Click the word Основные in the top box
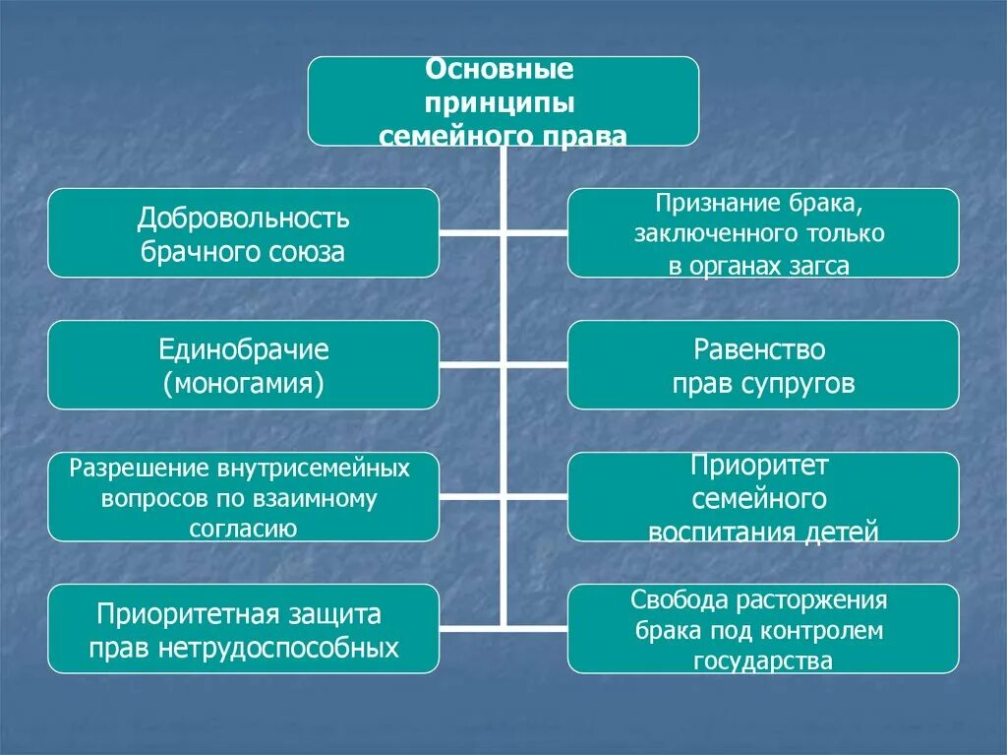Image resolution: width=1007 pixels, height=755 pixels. click(x=499, y=71)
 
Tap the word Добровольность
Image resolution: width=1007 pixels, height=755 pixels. click(x=244, y=218)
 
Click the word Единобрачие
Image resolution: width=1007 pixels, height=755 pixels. click(x=244, y=349)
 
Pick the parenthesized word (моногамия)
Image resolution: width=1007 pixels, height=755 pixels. click(x=244, y=383)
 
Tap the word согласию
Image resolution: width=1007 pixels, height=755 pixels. click(x=243, y=529)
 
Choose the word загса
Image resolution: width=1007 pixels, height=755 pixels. click(x=816, y=266)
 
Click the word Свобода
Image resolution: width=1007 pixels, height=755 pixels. click(x=677, y=600)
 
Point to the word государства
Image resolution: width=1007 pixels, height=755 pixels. click(x=762, y=661)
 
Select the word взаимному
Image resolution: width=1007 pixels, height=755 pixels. click(x=320, y=498)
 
